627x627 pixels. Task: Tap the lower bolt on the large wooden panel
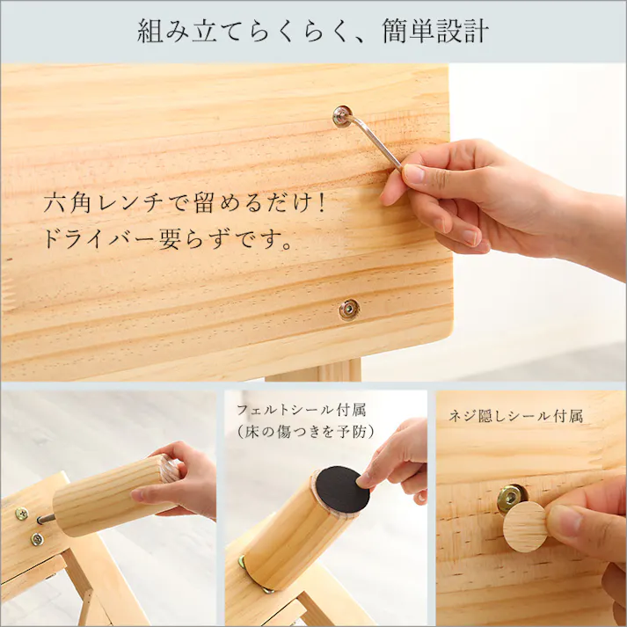coord(349,309)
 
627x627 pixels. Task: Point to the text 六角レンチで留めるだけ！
coord(185,204)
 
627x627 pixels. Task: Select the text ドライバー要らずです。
coord(167,239)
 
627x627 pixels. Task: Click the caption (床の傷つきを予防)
coord(304,432)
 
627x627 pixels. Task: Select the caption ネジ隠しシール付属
coord(515,416)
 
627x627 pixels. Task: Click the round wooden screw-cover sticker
coord(525,526)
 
